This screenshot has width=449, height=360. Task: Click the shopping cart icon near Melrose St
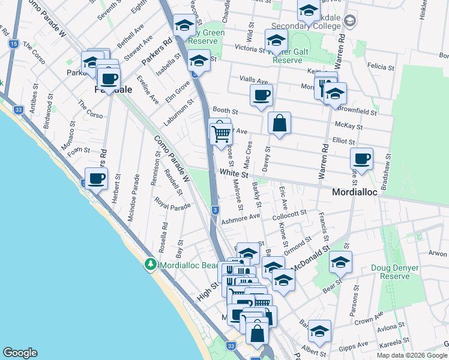221,133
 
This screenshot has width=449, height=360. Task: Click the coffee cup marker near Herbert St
97,178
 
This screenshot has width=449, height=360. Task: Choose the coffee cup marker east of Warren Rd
361,159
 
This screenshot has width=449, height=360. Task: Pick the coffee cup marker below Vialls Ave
262,95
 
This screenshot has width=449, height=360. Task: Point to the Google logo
20,353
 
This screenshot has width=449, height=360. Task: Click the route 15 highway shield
13,44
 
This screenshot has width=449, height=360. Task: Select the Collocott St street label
289,214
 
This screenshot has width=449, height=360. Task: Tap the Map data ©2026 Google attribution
411,355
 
